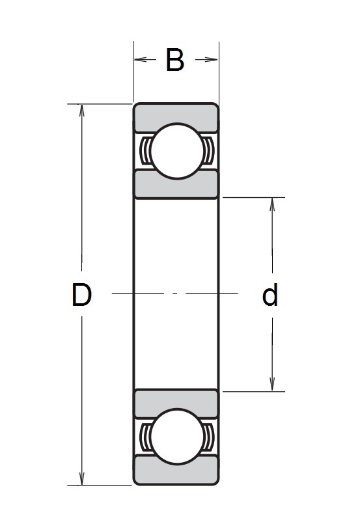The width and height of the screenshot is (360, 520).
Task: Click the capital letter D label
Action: coord(81,295)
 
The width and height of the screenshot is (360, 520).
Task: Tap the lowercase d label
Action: coord(270,295)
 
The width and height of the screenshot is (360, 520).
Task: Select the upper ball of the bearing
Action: coord(176,150)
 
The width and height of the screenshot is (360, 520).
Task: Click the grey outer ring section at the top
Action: coord(176,112)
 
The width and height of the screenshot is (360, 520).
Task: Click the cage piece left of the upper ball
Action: coord(145,152)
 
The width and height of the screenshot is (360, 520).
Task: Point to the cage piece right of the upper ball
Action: coord(208,152)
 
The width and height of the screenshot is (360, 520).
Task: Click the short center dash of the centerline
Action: coord(175,294)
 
